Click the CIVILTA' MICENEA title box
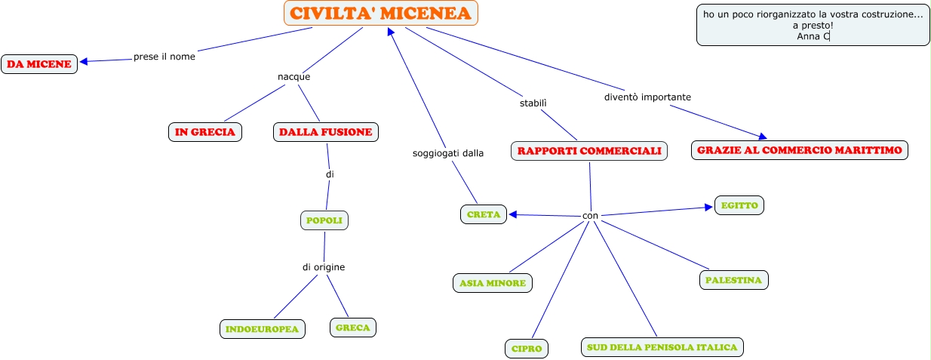click(x=381, y=13)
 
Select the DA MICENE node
click(x=38, y=64)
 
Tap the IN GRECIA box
click(x=204, y=132)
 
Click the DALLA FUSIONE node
click(x=325, y=132)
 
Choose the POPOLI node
click(x=324, y=221)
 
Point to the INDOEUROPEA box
click(x=262, y=329)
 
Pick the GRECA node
click(x=352, y=328)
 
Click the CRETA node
click(x=484, y=214)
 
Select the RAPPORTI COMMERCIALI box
click(x=589, y=151)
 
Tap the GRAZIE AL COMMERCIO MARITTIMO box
click(x=799, y=150)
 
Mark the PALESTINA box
click(x=733, y=280)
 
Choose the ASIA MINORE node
click(x=493, y=283)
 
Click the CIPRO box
click(x=526, y=349)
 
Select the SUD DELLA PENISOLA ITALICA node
click(x=662, y=347)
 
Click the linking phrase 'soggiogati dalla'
click(x=447, y=153)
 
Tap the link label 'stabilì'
click(x=533, y=103)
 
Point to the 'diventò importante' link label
click(x=647, y=97)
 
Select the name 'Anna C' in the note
click(x=813, y=35)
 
